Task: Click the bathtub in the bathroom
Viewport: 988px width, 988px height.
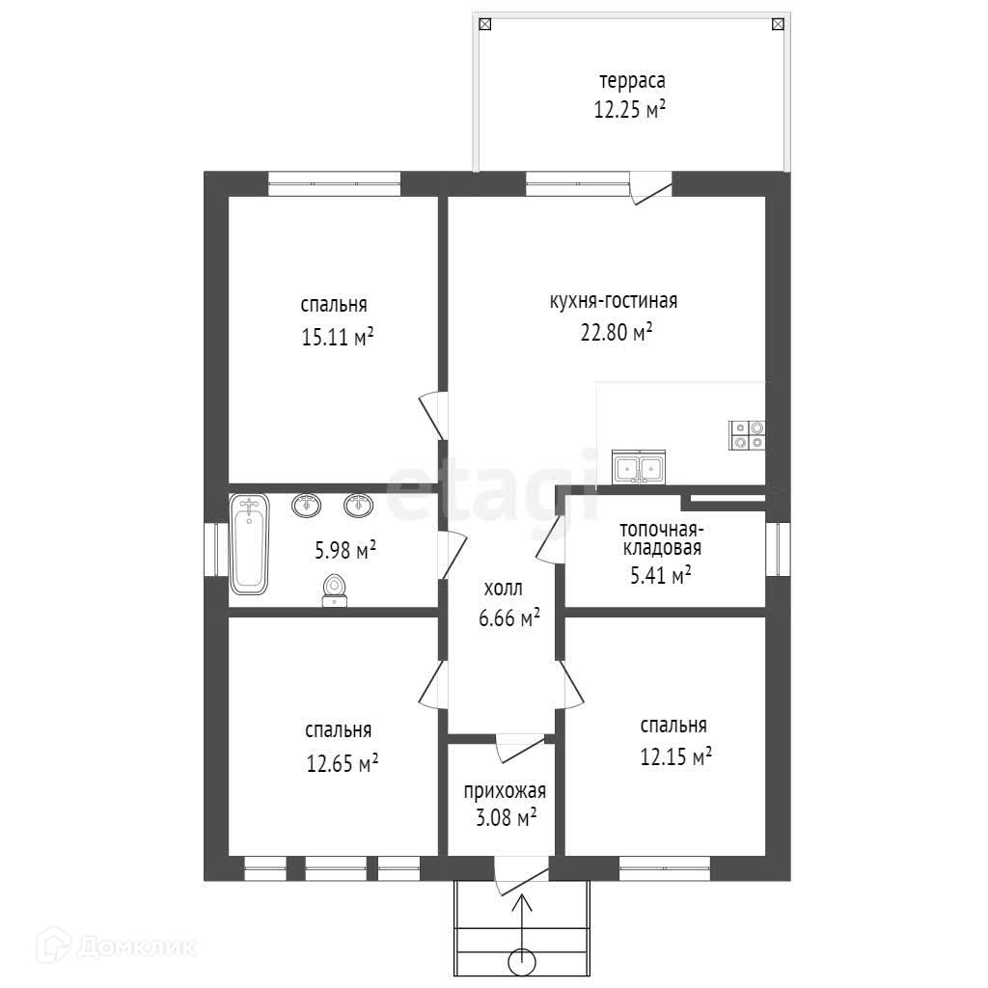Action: click(250, 544)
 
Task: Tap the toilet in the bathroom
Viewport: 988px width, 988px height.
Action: click(335, 590)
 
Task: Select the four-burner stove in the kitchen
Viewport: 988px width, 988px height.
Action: click(747, 435)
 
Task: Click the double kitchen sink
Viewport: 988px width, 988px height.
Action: click(639, 468)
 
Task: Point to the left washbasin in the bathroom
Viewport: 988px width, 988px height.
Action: click(306, 505)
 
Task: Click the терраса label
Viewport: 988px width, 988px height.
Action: click(632, 81)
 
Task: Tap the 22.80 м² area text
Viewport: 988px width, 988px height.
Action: click(617, 332)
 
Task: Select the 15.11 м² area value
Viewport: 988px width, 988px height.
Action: click(338, 337)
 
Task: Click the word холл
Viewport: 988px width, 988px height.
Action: click(503, 589)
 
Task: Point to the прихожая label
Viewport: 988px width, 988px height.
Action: click(505, 791)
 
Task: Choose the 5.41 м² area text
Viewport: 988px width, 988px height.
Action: click(661, 575)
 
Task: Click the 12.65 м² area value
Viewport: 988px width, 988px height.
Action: click(343, 763)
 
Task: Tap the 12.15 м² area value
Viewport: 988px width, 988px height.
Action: click(676, 755)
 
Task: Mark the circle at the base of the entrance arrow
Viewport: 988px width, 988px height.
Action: click(522, 962)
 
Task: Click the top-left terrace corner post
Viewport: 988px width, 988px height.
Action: click(484, 24)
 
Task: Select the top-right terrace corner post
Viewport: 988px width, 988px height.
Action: click(779, 24)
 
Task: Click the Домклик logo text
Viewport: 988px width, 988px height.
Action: click(137, 947)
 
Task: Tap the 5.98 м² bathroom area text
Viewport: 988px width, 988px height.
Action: click(345, 550)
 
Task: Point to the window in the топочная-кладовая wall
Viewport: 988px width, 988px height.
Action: click(779, 549)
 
